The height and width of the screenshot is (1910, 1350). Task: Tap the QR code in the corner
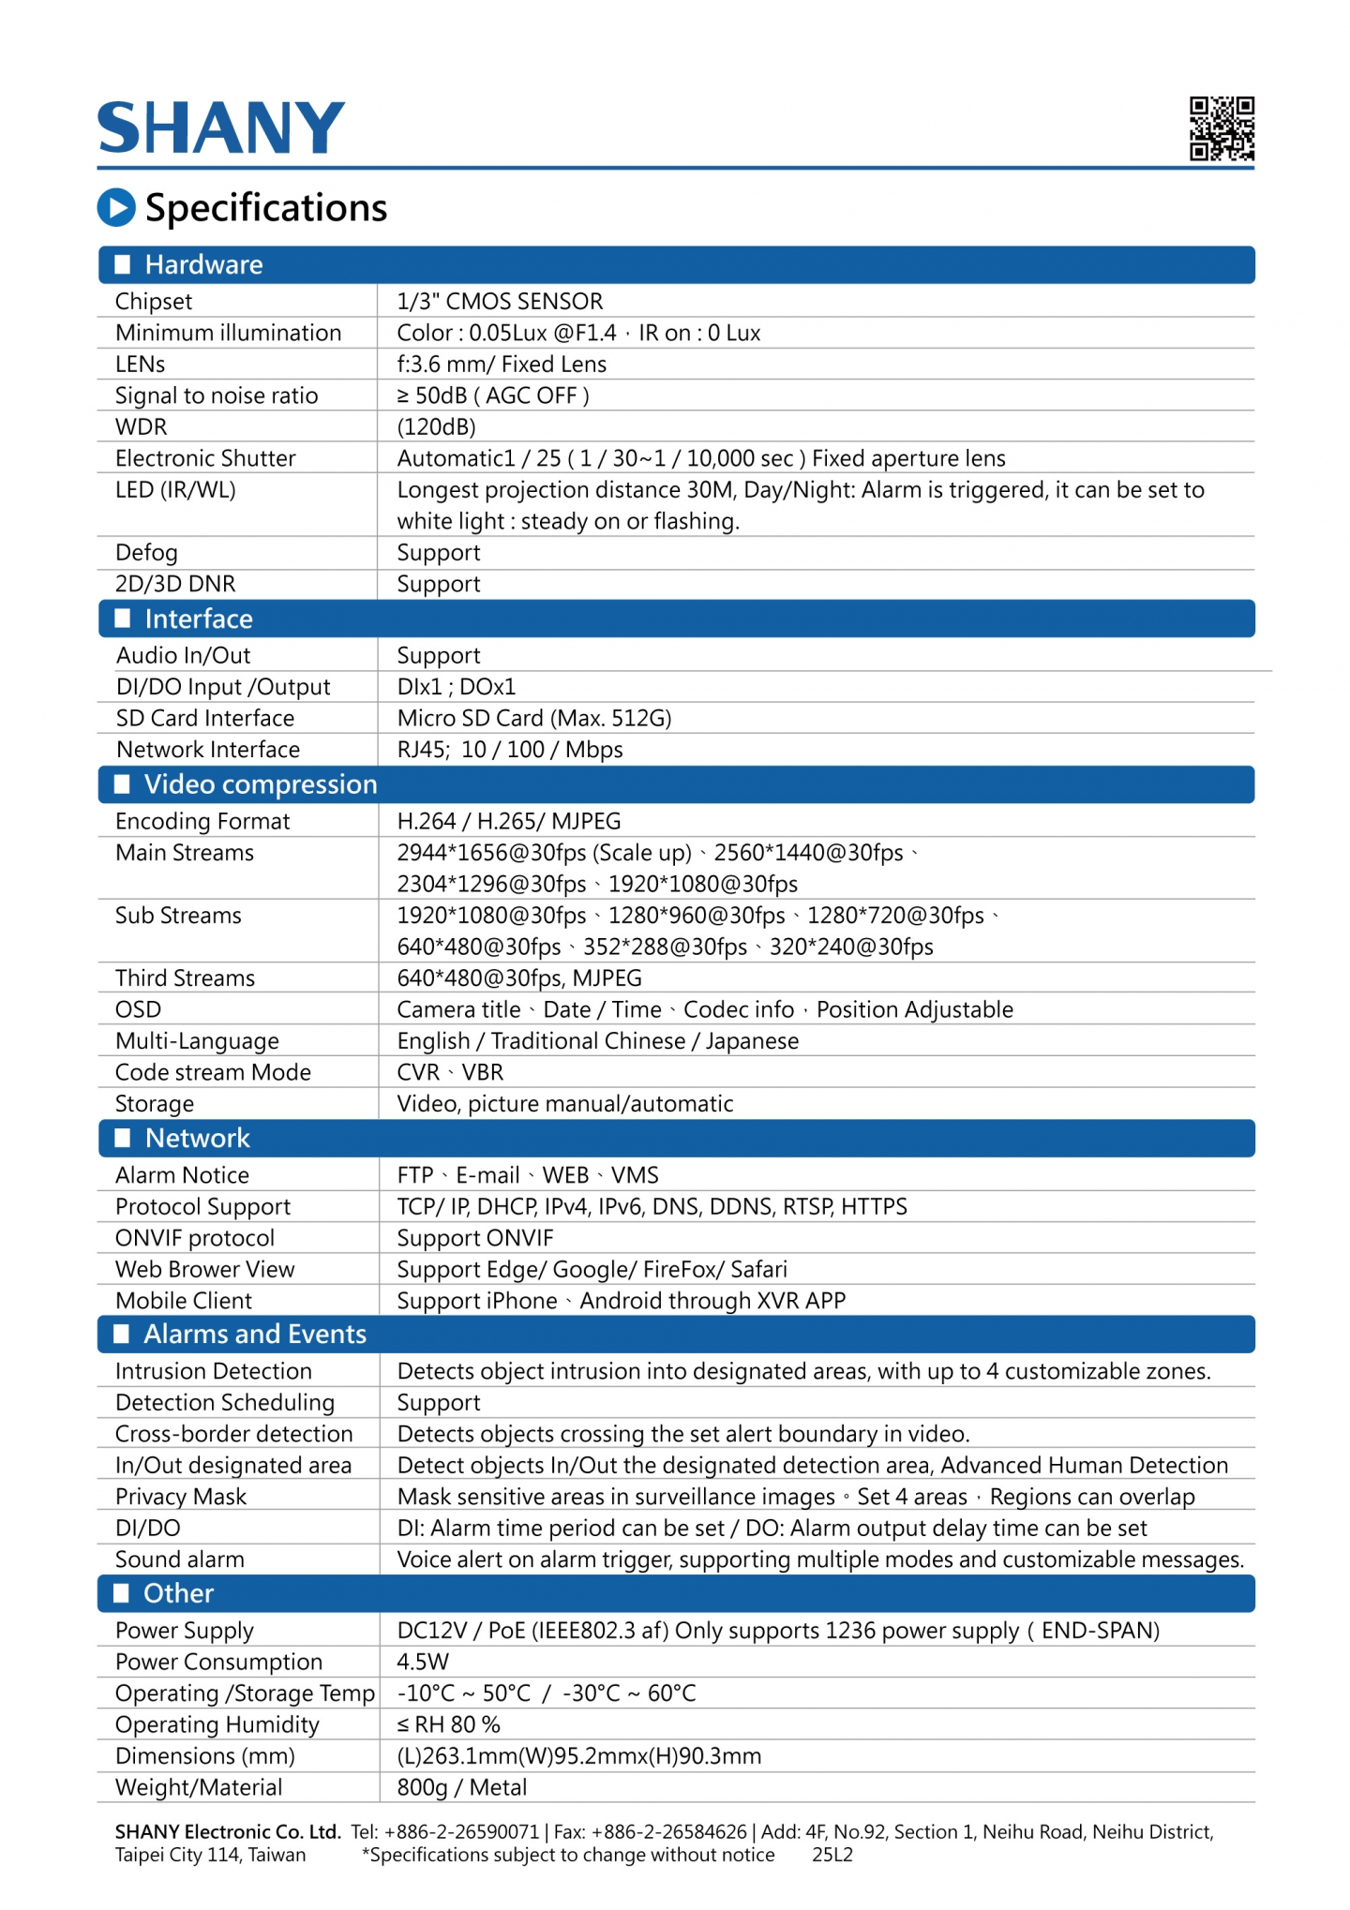click(x=1221, y=128)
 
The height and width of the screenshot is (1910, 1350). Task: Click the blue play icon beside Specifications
click(x=116, y=207)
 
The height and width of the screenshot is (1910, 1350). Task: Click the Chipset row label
click(x=154, y=301)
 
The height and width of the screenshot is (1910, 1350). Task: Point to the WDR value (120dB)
click(x=436, y=426)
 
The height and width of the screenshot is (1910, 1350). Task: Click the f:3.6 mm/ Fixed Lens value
click(x=502, y=364)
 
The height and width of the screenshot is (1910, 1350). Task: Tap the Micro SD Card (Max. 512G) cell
click(x=534, y=718)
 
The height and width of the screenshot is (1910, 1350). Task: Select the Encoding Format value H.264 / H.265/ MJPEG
click(x=509, y=821)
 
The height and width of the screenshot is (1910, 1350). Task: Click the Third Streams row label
click(x=185, y=977)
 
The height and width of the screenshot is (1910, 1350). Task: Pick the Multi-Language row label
click(x=197, y=1040)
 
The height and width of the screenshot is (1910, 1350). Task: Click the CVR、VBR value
click(x=450, y=1072)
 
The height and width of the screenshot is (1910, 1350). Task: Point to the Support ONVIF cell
click(x=475, y=1238)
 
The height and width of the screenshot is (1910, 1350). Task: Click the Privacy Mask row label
click(x=181, y=1497)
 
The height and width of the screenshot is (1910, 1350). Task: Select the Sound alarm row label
click(x=179, y=1559)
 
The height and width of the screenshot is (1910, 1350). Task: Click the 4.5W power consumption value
click(x=423, y=1662)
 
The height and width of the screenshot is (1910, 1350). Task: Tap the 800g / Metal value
click(x=462, y=1787)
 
